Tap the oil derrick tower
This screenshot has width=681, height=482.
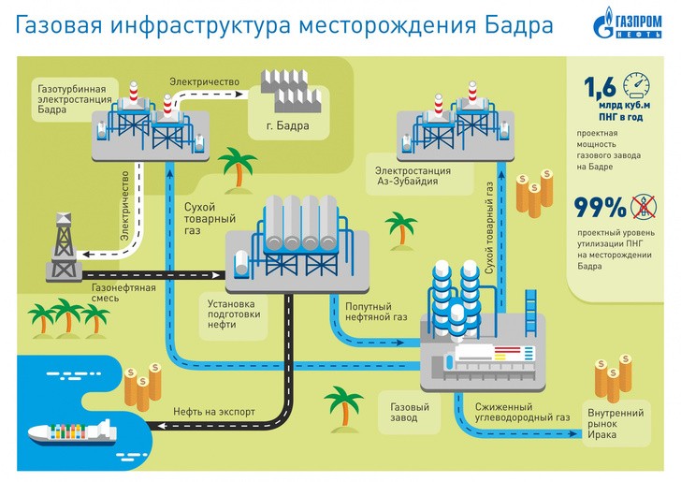pyautogui.click(x=64, y=246)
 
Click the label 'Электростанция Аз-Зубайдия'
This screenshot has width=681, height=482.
pyautogui.click(x=413, y=177)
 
